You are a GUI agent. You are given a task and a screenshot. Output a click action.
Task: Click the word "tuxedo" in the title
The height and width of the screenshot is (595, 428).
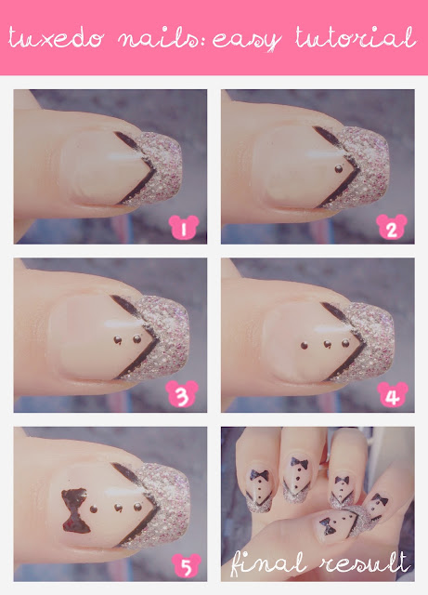(56, 38)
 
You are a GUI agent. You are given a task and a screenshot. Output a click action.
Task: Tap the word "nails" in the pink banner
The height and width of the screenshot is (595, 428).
(160, 38)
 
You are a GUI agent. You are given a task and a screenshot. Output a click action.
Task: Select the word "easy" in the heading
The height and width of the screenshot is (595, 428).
(247, 40)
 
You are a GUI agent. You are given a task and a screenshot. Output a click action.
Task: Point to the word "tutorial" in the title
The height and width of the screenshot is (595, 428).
(356, 37)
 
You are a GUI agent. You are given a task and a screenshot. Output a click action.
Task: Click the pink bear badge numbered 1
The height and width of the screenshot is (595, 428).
(184, 228)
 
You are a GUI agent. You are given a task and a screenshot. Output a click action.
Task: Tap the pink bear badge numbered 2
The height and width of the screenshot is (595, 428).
(392, 227)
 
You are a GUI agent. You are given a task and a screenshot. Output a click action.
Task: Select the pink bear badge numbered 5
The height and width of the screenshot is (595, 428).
(186, 565)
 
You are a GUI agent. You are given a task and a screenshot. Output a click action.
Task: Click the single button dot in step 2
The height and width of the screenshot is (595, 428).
(339, 169)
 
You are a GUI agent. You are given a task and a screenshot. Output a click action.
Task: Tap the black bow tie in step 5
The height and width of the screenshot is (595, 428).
(75, 510)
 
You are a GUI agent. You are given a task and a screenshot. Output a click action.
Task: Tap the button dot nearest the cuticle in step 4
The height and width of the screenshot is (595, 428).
(304, 345)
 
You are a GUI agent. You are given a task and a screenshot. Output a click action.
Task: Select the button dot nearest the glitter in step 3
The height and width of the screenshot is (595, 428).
(137, 338)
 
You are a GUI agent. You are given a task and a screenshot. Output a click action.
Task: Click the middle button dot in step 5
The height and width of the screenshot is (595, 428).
(118, 508)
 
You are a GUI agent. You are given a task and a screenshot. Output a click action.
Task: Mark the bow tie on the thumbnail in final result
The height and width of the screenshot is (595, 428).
(326, 526)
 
